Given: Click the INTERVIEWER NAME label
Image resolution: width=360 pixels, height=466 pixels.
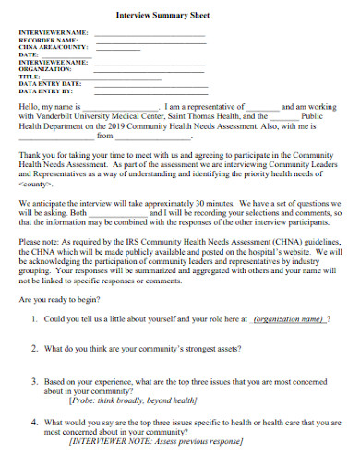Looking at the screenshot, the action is click(54, 33).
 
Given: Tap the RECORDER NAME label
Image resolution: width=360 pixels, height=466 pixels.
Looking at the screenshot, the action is click(48, 41).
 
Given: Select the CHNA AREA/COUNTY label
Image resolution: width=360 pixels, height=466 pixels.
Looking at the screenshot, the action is click(54, 48).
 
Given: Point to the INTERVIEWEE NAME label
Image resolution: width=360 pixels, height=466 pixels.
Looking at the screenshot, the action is click(54, 62).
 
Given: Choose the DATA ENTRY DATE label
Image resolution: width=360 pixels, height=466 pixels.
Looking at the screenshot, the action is click(51, 84).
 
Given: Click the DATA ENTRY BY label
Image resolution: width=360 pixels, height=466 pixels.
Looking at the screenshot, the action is click(46, 91).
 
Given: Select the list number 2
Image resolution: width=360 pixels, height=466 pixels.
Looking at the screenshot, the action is click(33, 349).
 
